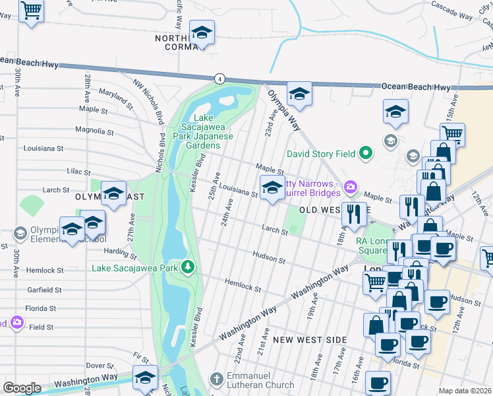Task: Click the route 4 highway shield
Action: click(220, 79)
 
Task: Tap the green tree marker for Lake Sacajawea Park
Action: click(189, 267)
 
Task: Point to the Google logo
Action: click(22, 388)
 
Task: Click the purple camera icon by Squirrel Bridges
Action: click(351, 187)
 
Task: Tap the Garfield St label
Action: click(44, 290)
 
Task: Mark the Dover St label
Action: click(100, 365)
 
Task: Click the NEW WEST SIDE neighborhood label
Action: click(310, 340)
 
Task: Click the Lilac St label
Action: click(78, 172)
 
